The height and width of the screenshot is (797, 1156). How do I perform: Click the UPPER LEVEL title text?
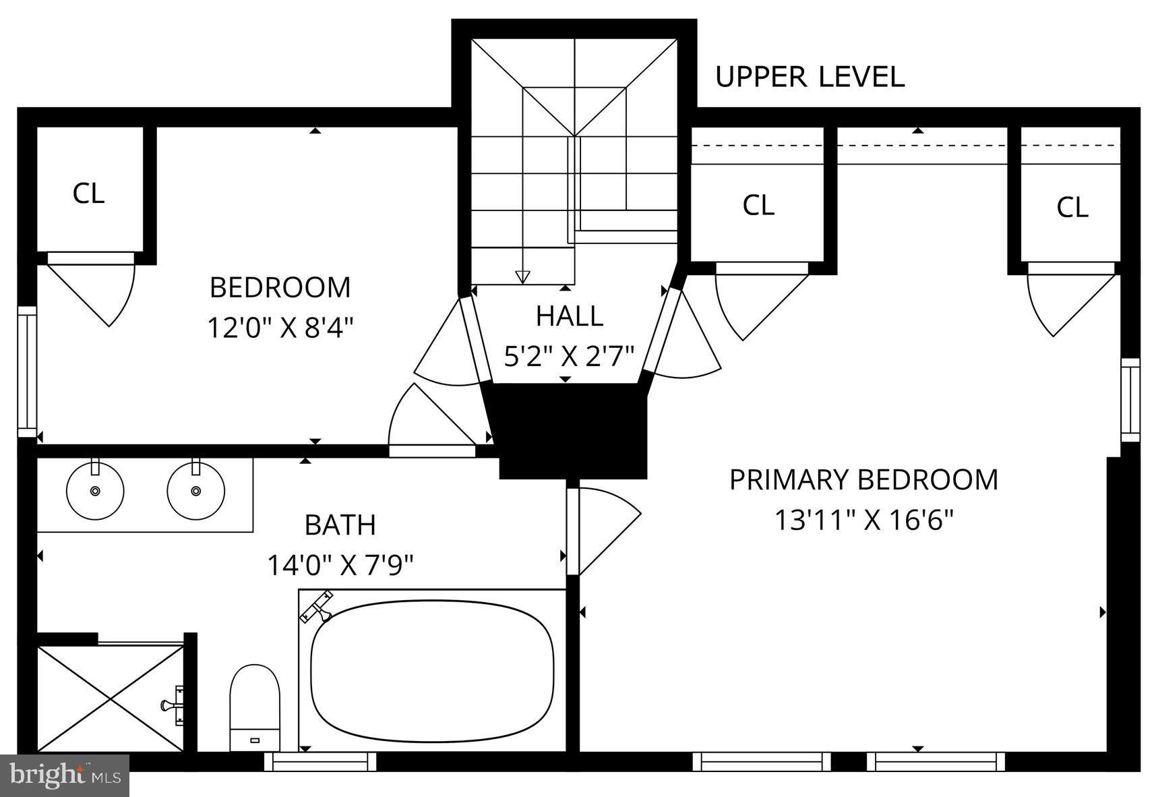[809, 77]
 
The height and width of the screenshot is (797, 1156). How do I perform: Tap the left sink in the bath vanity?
[95, 490]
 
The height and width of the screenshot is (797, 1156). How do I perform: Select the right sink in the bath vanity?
[195, 490]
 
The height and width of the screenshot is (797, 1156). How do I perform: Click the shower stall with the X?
[110, 698]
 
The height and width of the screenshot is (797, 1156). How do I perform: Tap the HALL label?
[569, 316]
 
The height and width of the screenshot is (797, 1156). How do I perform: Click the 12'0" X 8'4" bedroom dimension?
[280, 328]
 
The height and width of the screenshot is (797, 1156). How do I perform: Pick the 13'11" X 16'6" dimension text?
[863, 520]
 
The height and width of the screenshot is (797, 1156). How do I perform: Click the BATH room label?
[340, 525]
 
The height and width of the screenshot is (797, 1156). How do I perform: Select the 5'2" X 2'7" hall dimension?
[569, 355]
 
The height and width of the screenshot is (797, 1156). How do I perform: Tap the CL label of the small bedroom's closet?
[88, 194]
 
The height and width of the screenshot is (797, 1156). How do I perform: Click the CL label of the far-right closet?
[1072, 207]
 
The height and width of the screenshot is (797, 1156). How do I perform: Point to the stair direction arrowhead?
[522, 276]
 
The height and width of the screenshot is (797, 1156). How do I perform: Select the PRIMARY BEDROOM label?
[863, 479]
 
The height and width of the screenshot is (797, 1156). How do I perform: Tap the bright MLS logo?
[65, 775]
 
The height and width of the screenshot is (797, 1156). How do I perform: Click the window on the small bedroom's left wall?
[27, 371]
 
